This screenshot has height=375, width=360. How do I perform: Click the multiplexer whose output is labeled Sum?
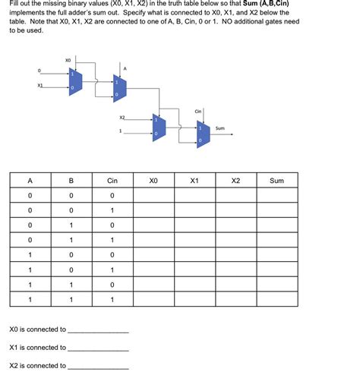point(203,134)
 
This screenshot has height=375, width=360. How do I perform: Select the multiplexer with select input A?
point(119,87)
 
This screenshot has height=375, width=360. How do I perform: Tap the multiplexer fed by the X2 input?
point(157,126)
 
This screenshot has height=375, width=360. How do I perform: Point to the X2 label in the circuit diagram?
point(123,118)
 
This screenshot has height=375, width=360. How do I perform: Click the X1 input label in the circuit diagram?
point(39,85)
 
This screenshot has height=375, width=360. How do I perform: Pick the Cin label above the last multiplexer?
point(197,112)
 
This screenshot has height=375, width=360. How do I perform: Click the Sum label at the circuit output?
point(220,128)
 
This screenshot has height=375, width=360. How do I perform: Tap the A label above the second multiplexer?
point(125,68)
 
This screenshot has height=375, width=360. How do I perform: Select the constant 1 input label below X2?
point(120,131)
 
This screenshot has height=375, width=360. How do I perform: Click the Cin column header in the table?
point(112,181)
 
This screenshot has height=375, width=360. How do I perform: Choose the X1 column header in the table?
point(194,181)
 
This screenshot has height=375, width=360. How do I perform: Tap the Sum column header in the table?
point(276,181)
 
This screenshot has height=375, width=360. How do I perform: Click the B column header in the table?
point(71,181)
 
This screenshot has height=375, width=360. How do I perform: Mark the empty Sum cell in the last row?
point(276,299)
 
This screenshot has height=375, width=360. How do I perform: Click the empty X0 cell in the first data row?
point(153,195)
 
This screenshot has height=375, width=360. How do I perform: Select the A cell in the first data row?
point(30,195)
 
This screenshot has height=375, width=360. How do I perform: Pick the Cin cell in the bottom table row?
point(112,299)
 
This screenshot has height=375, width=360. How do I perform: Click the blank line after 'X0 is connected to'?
point(98,331)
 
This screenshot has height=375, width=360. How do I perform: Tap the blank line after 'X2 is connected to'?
point(98,367)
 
